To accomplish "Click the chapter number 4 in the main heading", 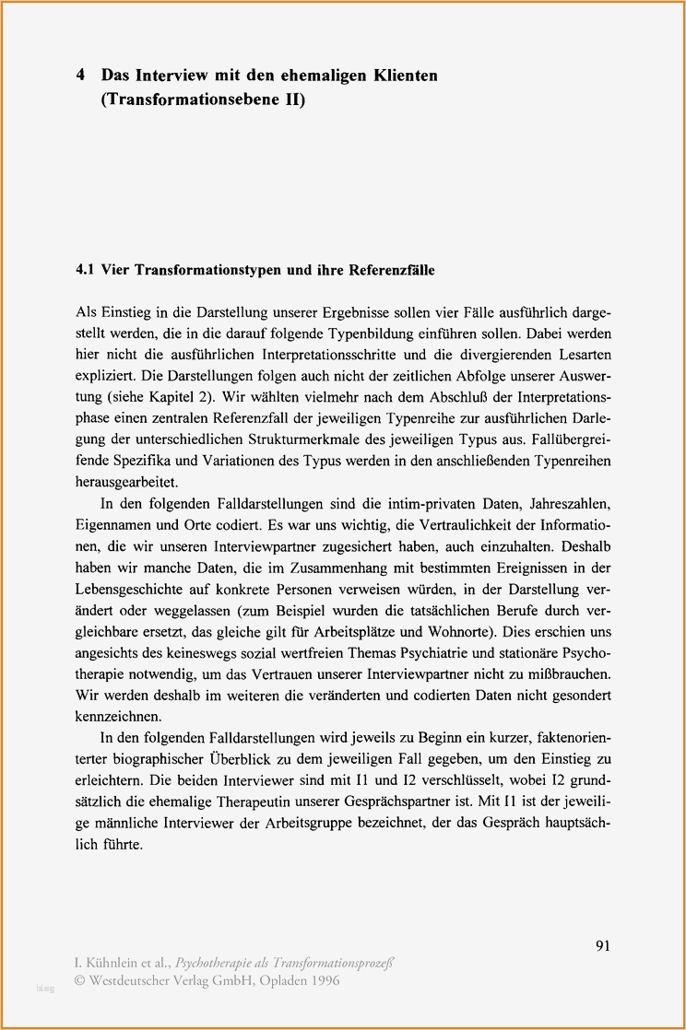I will pos(81,75).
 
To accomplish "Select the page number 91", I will pos(604,945).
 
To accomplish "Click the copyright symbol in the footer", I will pos(80,980).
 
